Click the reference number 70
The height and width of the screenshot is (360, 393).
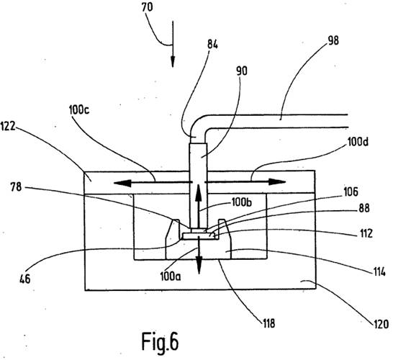147,7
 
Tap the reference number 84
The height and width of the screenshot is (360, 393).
212,45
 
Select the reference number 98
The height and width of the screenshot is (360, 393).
333,40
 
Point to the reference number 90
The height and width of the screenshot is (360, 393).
242,71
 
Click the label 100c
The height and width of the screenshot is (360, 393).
79,110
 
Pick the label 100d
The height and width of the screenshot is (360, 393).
358,142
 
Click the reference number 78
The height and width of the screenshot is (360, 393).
16,187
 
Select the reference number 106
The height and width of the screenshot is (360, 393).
351,192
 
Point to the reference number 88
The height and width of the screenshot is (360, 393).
364,208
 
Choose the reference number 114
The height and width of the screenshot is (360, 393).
378,271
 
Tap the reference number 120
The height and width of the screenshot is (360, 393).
381,324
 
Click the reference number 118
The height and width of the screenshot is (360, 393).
268,324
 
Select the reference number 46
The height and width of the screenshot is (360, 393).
25,279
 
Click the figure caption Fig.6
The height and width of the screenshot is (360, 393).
160,342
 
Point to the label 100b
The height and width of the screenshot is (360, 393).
242,202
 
